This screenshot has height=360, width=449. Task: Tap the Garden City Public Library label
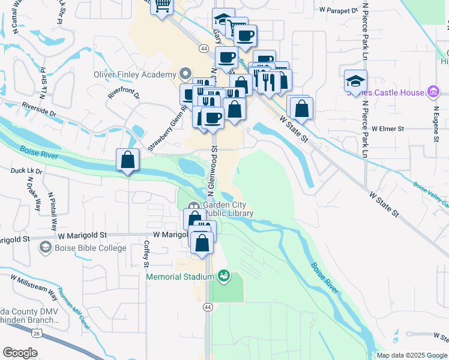coord(228,209)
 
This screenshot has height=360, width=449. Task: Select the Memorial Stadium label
coord(181,277)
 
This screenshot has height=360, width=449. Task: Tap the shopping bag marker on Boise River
coord(128,160)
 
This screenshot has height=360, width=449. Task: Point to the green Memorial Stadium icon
coord(224,276)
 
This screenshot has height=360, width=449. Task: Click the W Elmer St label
coord(388,128)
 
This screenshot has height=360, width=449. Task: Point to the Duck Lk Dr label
coord(27,171)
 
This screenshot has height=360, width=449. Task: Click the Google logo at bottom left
coord(20,353)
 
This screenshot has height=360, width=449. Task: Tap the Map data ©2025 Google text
coord(412,355)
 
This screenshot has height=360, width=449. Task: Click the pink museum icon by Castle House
coord(433,92)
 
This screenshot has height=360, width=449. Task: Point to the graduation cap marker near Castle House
coord(356,82)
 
